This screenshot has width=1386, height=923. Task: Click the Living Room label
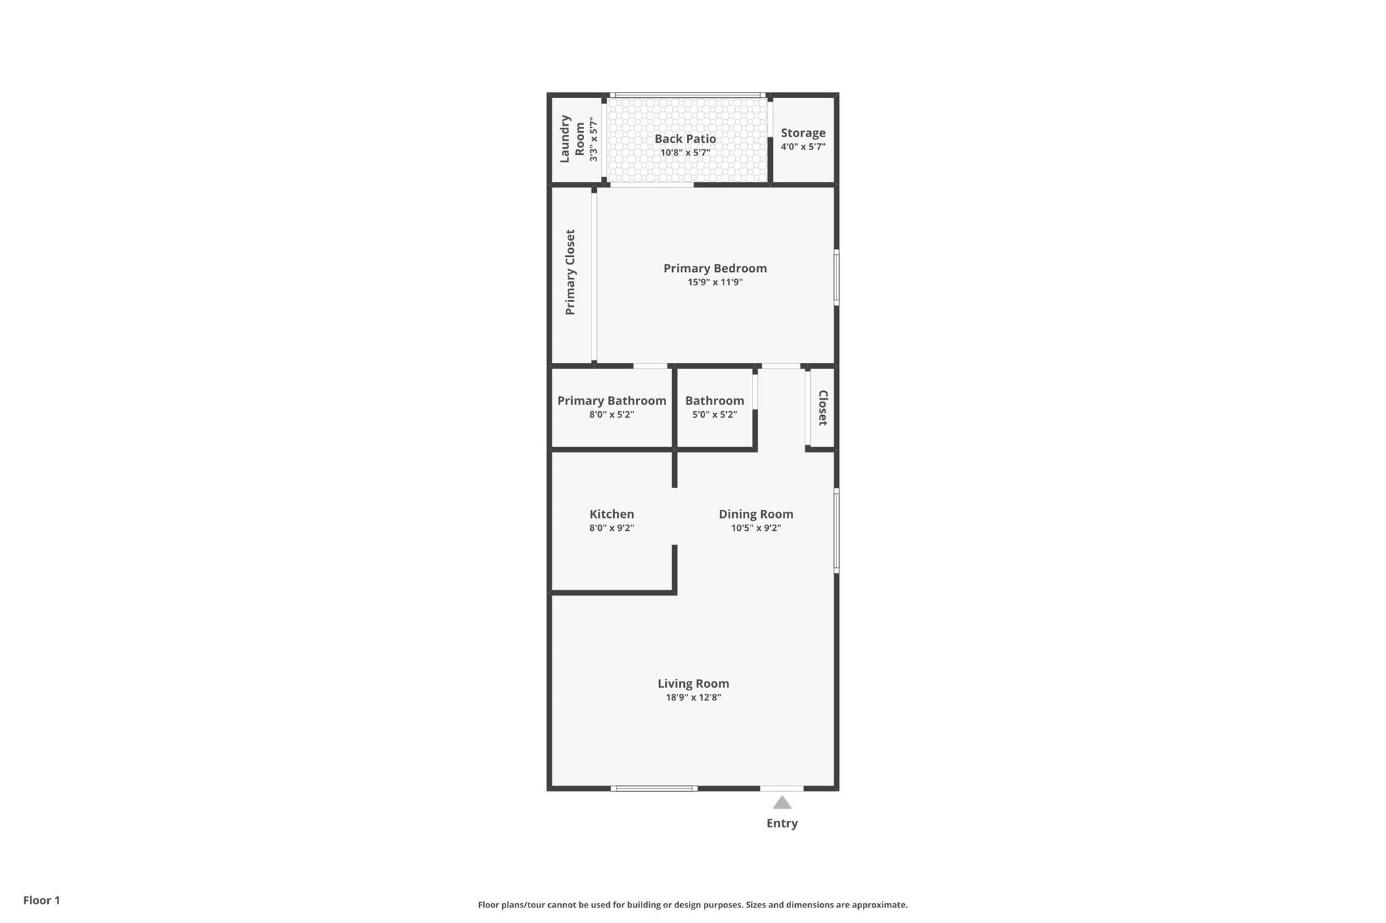click(x=693, y=684)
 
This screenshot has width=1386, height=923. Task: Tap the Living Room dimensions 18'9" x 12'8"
click(x=693, y=698)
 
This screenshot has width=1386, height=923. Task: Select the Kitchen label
click(x=612, y=514)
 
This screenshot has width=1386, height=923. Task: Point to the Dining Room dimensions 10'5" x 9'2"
click(x=756, y=528)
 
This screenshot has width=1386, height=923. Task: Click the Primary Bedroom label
click(x=715, y=268)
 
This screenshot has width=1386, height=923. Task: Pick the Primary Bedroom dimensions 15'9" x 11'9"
click(x=715, y=282)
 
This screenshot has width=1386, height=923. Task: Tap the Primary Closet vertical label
click(x=571, y=272)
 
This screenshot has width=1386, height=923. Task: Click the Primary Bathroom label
click(x=612, y=400)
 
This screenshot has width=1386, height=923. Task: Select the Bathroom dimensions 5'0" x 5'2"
click(x=714, y=415)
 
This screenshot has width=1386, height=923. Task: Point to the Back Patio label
click(x=685, y=139)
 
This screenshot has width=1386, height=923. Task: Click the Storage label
click(x=803, y=133)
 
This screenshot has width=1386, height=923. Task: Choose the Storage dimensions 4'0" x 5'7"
click(x=803, y=147)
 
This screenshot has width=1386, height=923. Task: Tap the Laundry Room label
click(x=573, y=139)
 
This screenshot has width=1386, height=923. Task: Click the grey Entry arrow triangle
click(x=782, y=803)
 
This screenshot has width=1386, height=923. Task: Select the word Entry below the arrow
click(x=782, y=824)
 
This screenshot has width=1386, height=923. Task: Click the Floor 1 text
click(x=41, y=900)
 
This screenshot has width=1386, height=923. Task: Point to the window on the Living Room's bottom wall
click(x=654, y=788)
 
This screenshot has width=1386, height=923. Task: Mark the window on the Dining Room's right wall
click(x=836, y=531)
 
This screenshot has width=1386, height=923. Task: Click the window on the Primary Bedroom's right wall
click(x=836, y=277)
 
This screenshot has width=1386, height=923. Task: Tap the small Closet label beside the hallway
click(x=823, y=408)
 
